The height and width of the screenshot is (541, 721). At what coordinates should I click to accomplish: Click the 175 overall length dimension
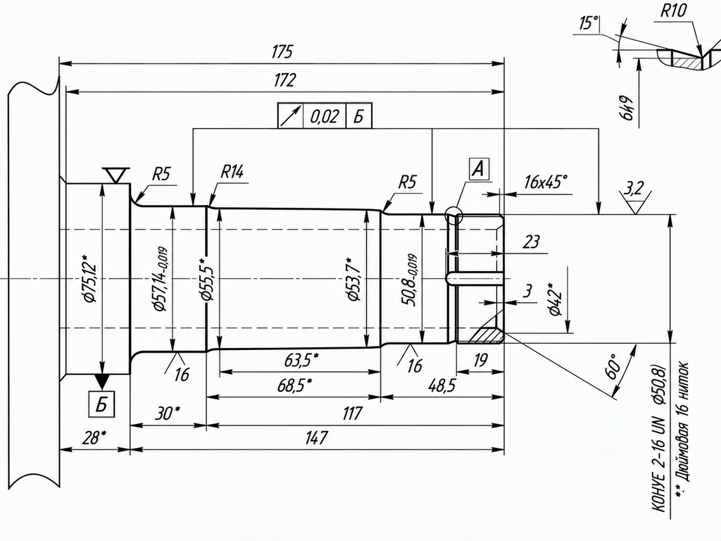point(282,51)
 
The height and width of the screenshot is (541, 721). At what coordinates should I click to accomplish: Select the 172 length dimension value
point(284,80)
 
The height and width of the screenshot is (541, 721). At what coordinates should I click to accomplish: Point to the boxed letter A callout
point(479,169)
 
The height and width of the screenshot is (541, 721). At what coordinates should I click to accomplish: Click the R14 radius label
point(232,172)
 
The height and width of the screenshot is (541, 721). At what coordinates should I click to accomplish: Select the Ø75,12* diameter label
point(89,278)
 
